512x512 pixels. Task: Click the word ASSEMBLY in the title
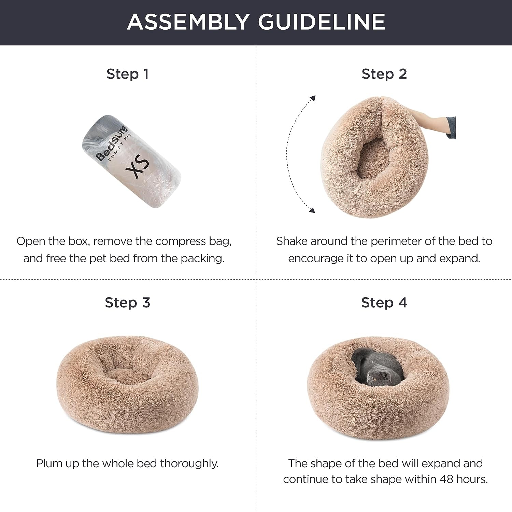pos(187,22)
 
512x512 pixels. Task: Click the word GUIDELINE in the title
pos(321,22)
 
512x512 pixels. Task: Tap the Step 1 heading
pos(127,74)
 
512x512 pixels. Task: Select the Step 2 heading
pos(384,74)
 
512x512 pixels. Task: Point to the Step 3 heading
pos(127,303)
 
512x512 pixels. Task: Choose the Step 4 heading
pos(384,303)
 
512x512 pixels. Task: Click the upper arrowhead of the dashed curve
pos(312,98)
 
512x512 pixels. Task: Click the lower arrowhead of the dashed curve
pos(312,210)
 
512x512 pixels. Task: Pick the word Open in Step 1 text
pos(31,241)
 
